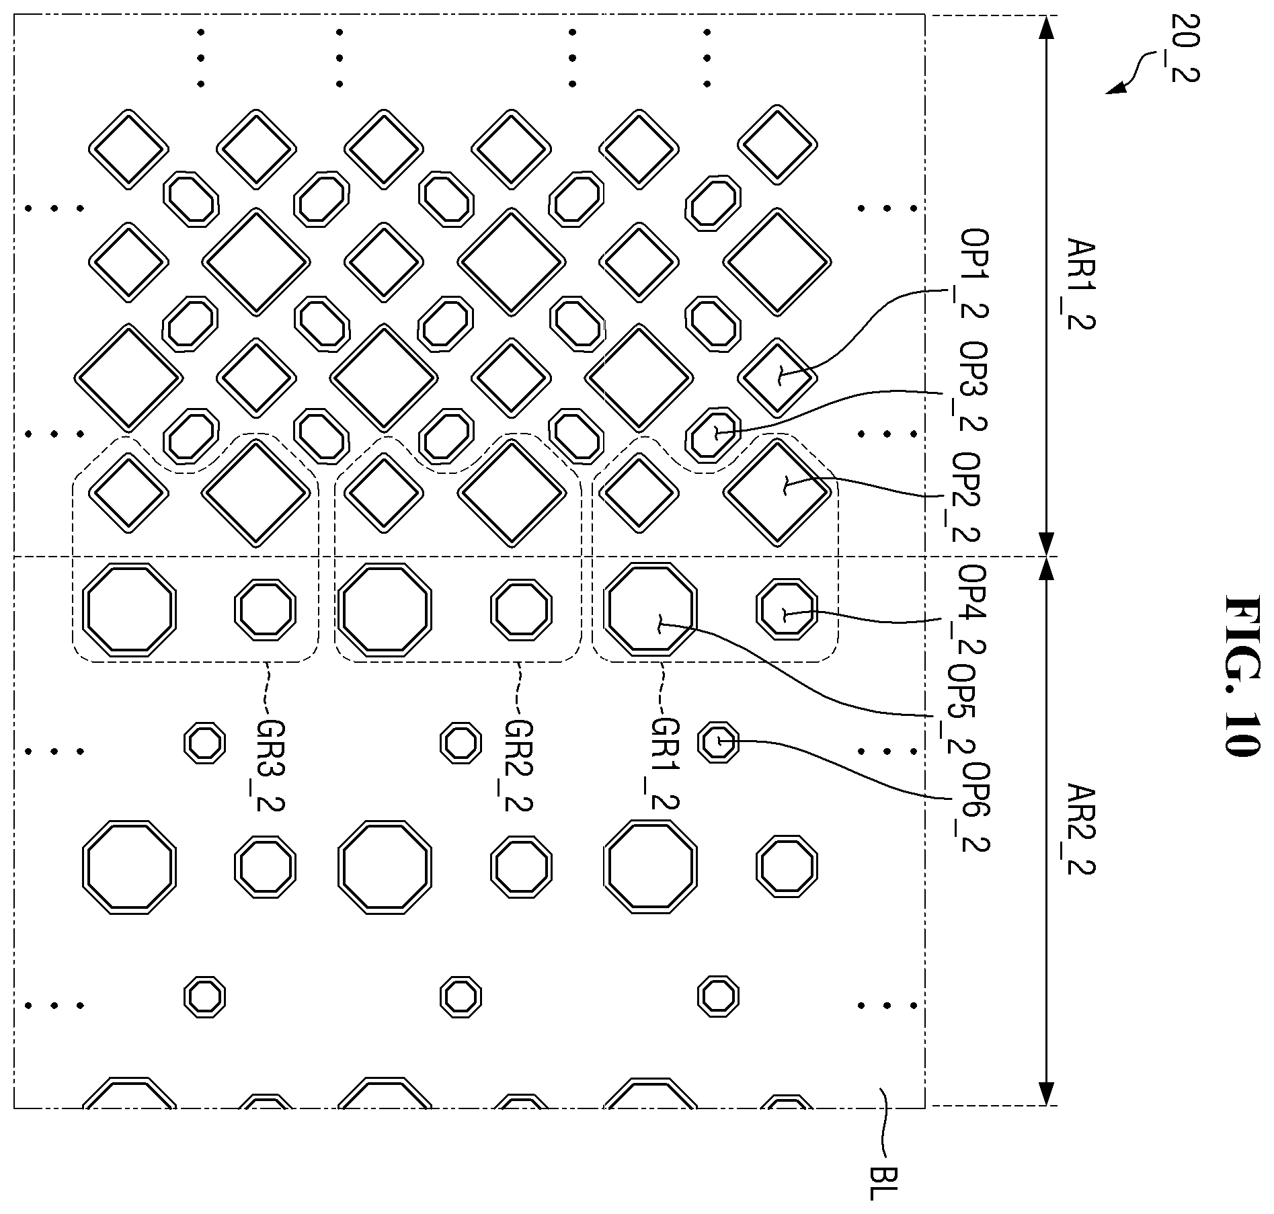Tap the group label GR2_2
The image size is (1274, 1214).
point(518,764)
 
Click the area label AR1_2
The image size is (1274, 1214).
point(1080,283)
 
